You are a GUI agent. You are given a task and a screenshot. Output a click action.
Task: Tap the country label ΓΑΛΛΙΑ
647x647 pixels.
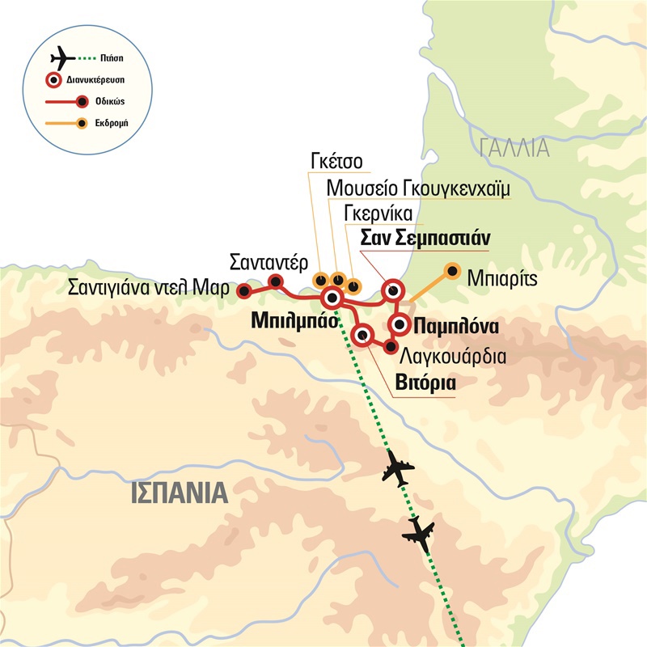514,148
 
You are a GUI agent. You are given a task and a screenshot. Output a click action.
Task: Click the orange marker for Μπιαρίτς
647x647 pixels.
452,270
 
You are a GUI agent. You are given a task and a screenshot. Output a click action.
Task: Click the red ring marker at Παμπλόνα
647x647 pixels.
400,325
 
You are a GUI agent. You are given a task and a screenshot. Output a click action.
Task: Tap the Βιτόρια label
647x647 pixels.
425,382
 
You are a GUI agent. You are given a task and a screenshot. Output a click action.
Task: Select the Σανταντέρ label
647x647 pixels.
268,263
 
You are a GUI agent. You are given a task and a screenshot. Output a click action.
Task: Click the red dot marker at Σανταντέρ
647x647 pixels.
276,282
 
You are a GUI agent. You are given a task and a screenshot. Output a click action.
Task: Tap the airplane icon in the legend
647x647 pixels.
62,59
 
